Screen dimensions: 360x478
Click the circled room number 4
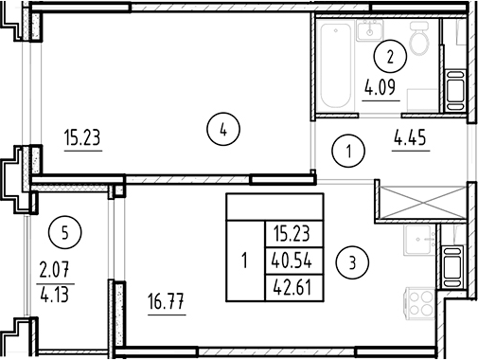221,130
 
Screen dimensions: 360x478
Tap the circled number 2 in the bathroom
388,56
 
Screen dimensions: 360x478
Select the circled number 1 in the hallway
350,150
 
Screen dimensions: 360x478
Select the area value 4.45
410,147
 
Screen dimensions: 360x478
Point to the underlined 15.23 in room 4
82,139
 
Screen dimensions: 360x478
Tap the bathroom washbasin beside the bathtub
368,31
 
